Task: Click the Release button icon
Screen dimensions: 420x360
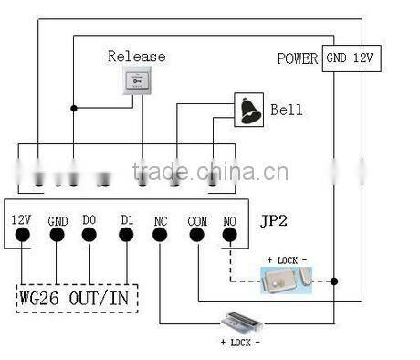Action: pos(136,82)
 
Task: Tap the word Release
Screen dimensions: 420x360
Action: pos(137,57)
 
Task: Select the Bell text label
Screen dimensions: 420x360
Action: pos(286,111)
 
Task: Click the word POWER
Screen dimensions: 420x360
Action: pos(297,58)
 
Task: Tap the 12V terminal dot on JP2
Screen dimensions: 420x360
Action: pos(23,235)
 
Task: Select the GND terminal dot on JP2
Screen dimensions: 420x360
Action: pos(57,235)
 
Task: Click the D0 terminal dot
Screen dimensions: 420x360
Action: pos(90,235)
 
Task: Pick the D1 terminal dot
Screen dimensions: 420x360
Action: pos(126,235)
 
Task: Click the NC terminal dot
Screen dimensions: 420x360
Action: pos(161,235)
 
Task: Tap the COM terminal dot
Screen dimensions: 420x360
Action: pos(197,235)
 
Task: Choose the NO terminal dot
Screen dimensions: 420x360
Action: pos(229,235)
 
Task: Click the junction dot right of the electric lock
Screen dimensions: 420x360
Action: pos(333,281)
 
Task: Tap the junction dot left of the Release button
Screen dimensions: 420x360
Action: pos(74,108)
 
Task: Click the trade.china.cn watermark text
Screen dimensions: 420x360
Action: pos(209,172)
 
